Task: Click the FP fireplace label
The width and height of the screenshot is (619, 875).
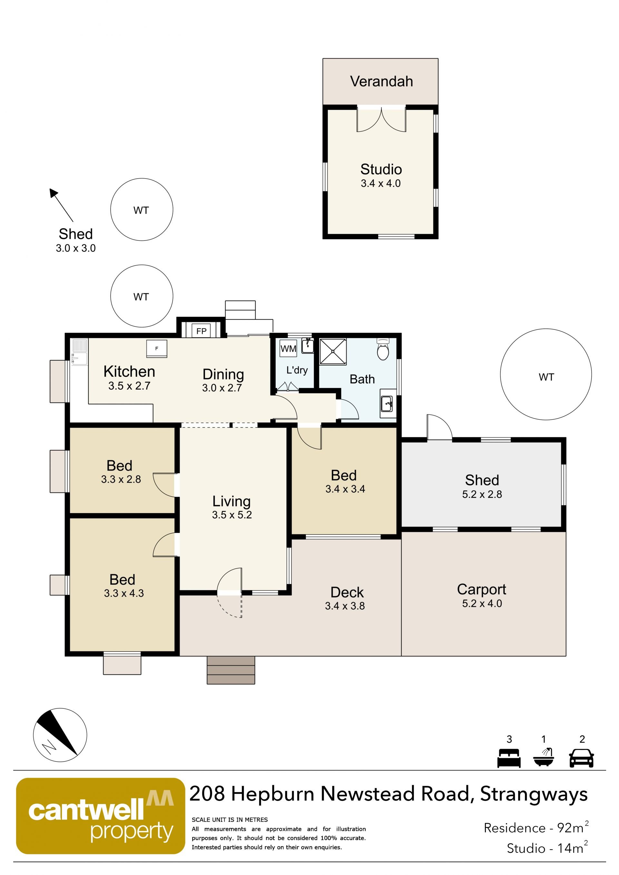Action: tap(201, 331)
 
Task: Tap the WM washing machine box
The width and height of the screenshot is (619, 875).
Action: tap(288, 348)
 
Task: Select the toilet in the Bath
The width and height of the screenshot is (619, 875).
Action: tap(383, 348)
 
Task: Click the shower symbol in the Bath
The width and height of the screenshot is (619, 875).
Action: tap(333, 351)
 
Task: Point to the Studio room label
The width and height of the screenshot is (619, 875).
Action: tap(381, 169)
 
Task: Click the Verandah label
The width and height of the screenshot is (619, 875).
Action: tap(381, 81)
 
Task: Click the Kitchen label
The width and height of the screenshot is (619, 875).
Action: tap(129, 371)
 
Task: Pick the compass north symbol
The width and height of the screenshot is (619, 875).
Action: tap(60, 735)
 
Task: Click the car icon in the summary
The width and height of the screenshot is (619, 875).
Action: tap(581, 758)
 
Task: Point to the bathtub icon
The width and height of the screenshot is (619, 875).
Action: tap(544, 757)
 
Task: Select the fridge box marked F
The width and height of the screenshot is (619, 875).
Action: tap(157, 348)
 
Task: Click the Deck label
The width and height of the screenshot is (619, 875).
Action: tap(347, 592)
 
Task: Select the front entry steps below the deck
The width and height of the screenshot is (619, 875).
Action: tap(231, 670)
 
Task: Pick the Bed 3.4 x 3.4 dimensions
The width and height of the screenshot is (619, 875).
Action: tap(345, 489)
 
